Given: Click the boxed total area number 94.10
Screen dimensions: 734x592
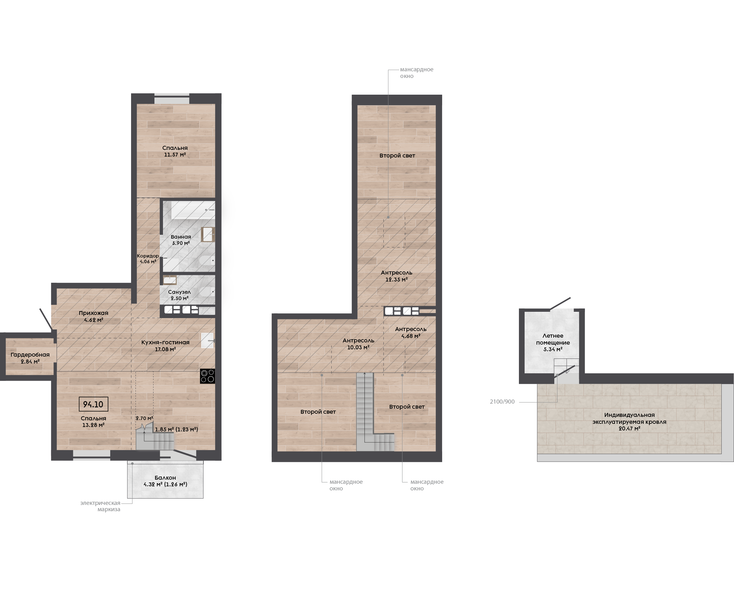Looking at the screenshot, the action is coord(93,405).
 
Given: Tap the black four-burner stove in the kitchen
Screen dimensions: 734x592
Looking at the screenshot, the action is coord(208,376).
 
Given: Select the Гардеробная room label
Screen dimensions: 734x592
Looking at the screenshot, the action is coord(30,355).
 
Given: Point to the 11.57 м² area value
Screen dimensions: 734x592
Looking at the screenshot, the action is coord(175,155).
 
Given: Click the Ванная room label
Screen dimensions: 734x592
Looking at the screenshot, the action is coord(181,237).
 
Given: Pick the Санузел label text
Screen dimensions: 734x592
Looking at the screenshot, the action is coord(179,292).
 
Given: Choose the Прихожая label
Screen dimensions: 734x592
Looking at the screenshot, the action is coord(93,313).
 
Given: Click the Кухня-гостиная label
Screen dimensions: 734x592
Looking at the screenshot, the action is coord(165,342).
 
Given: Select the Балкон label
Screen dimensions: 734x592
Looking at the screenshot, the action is coord(165,478).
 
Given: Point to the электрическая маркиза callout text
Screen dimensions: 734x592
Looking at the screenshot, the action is coord(100,506).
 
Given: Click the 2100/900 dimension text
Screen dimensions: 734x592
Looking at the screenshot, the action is coord(502,402).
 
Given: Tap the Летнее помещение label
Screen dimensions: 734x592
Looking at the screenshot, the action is coord(553,339).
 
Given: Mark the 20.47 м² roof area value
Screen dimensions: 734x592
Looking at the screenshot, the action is coord(629,429).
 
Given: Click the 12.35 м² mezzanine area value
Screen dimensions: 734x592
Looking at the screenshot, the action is coord(396,280).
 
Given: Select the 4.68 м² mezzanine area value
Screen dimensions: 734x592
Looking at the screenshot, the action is coord(411,336).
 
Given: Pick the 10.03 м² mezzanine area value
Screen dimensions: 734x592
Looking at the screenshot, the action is coord(358,347).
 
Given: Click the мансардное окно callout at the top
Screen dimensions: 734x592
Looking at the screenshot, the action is coord(417,73).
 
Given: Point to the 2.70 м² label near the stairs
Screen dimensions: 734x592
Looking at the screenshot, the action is coord(144,418).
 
